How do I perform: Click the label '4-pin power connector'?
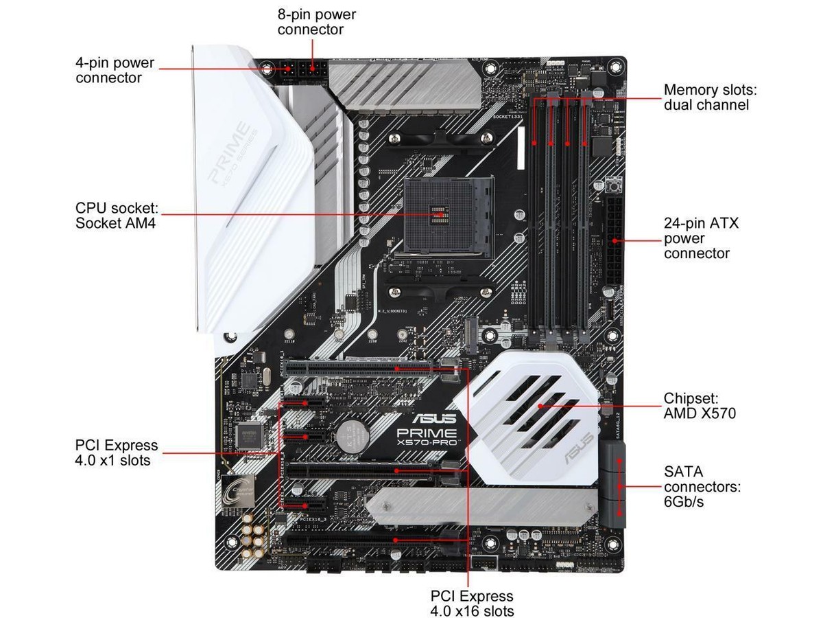click(115, 70)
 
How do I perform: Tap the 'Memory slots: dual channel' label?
click(706, 97)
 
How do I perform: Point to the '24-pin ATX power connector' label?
click(696, 238)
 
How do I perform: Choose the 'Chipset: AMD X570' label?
click(700, 406)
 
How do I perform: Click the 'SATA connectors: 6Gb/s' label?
click(702, 487)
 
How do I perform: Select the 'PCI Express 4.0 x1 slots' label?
click(116, 453)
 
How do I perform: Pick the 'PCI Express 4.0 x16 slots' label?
click(471, 603)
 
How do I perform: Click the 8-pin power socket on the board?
click(315, 70)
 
